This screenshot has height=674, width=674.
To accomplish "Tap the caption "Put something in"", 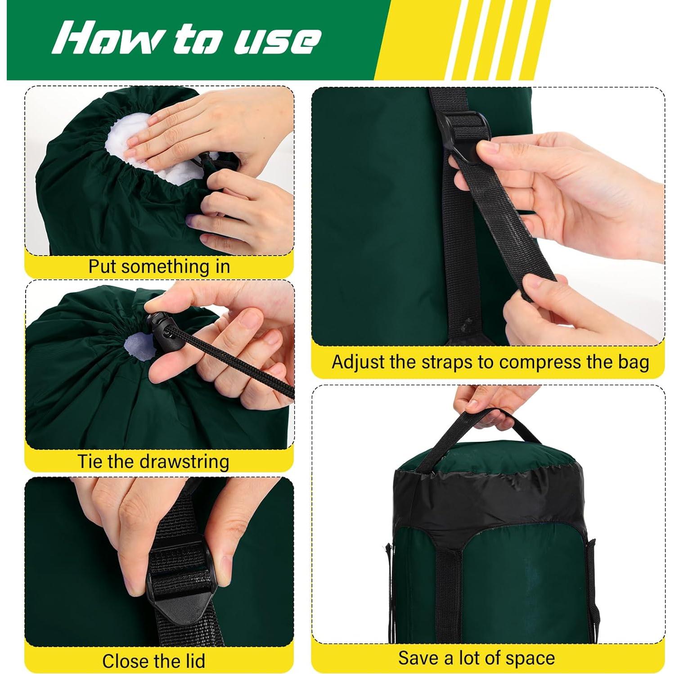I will point(159,266).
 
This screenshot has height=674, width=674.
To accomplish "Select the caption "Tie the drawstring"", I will point(153,462).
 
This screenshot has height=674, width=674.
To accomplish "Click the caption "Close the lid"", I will point(153,661).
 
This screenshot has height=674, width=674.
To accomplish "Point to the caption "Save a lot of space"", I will point(476,658).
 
